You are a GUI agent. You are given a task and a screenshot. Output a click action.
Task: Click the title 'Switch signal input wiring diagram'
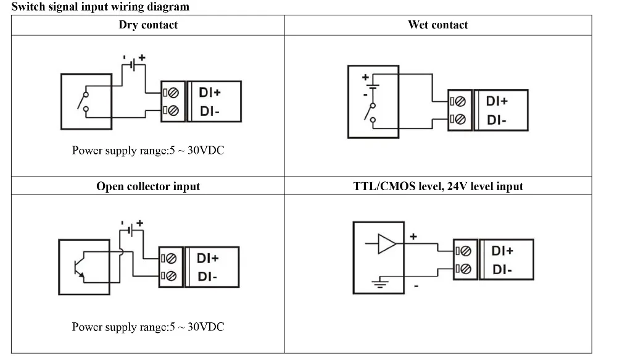click(x=101, y=7)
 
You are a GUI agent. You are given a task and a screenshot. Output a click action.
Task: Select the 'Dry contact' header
click(x=148, y=25)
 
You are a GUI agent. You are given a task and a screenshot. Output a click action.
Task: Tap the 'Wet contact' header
click(x=438, y=25)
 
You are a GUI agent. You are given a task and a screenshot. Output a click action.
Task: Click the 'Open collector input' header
click(x=148, y=186)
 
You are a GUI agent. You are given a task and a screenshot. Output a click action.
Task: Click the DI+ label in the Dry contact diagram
click(x=210, y=93)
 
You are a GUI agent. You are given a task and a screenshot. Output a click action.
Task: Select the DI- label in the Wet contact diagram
click(x=497, y=120)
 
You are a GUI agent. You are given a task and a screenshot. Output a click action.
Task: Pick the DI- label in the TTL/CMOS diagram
click(x=502, y=270)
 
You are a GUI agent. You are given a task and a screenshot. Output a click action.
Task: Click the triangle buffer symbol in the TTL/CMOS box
click(x=387, y=245)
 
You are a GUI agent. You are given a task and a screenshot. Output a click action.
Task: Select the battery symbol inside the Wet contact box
click(x=371, y=86)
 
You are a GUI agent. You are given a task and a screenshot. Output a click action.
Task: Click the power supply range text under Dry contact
click(x=148, y=151)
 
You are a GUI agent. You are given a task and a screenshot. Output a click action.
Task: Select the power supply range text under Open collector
click(x=148, y=327)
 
